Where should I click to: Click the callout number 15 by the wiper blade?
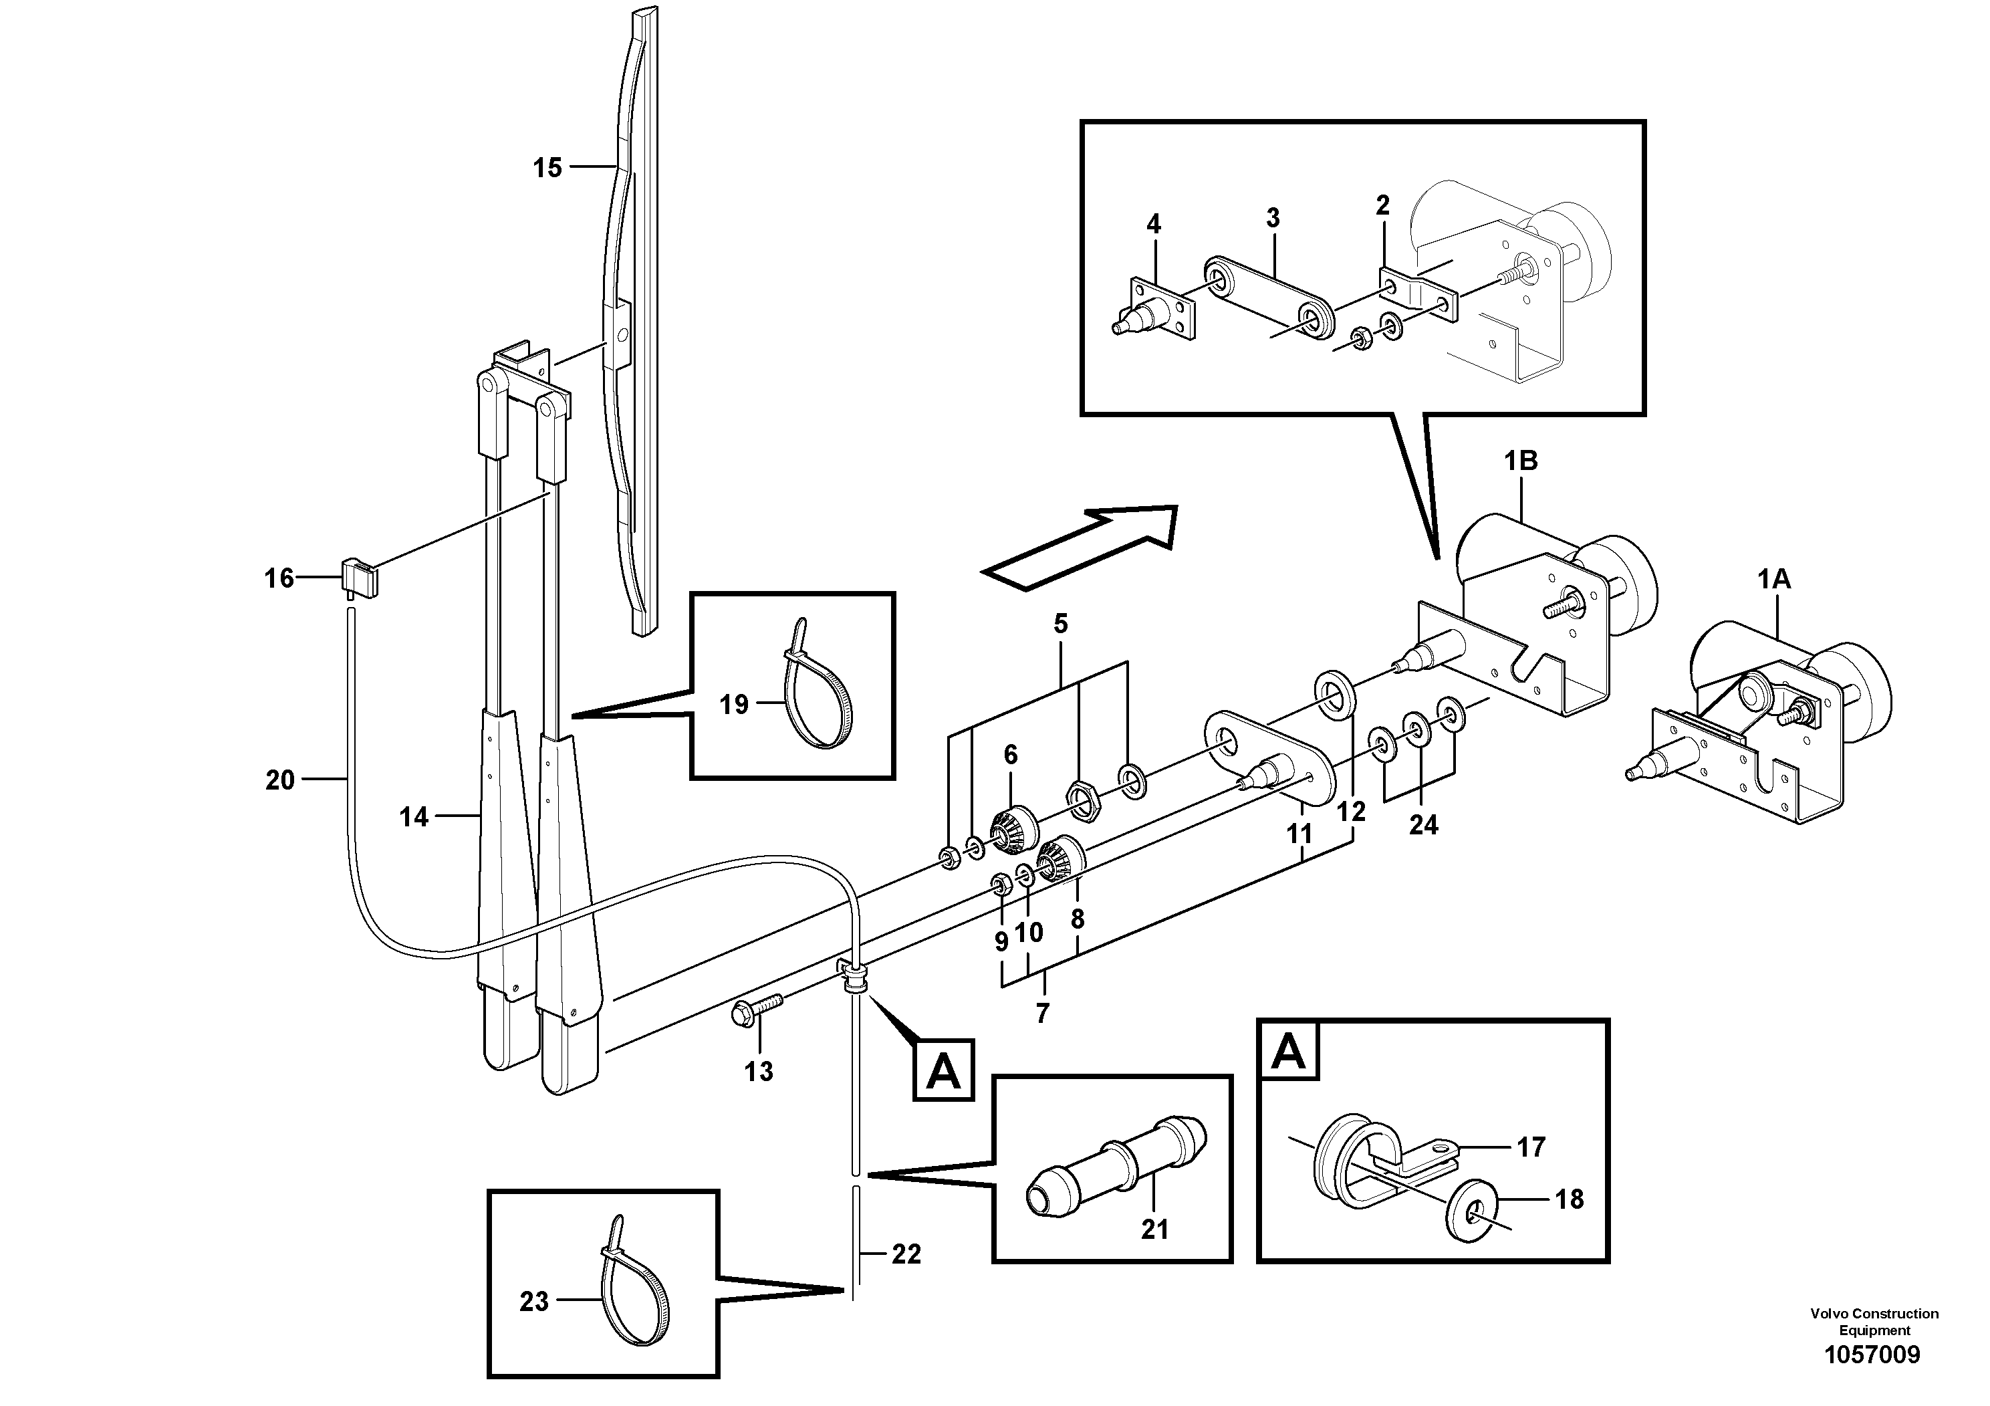tap(547, 168)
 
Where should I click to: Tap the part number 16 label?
tap(279, 578)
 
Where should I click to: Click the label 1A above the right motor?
tap(1773, 580)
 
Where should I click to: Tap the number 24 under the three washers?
tap(1423, 824)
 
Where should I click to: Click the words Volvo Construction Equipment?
tap(1874, 1322)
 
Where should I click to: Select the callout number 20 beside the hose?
tap(280, 780)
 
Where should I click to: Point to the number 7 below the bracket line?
tap(1042, 1012)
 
